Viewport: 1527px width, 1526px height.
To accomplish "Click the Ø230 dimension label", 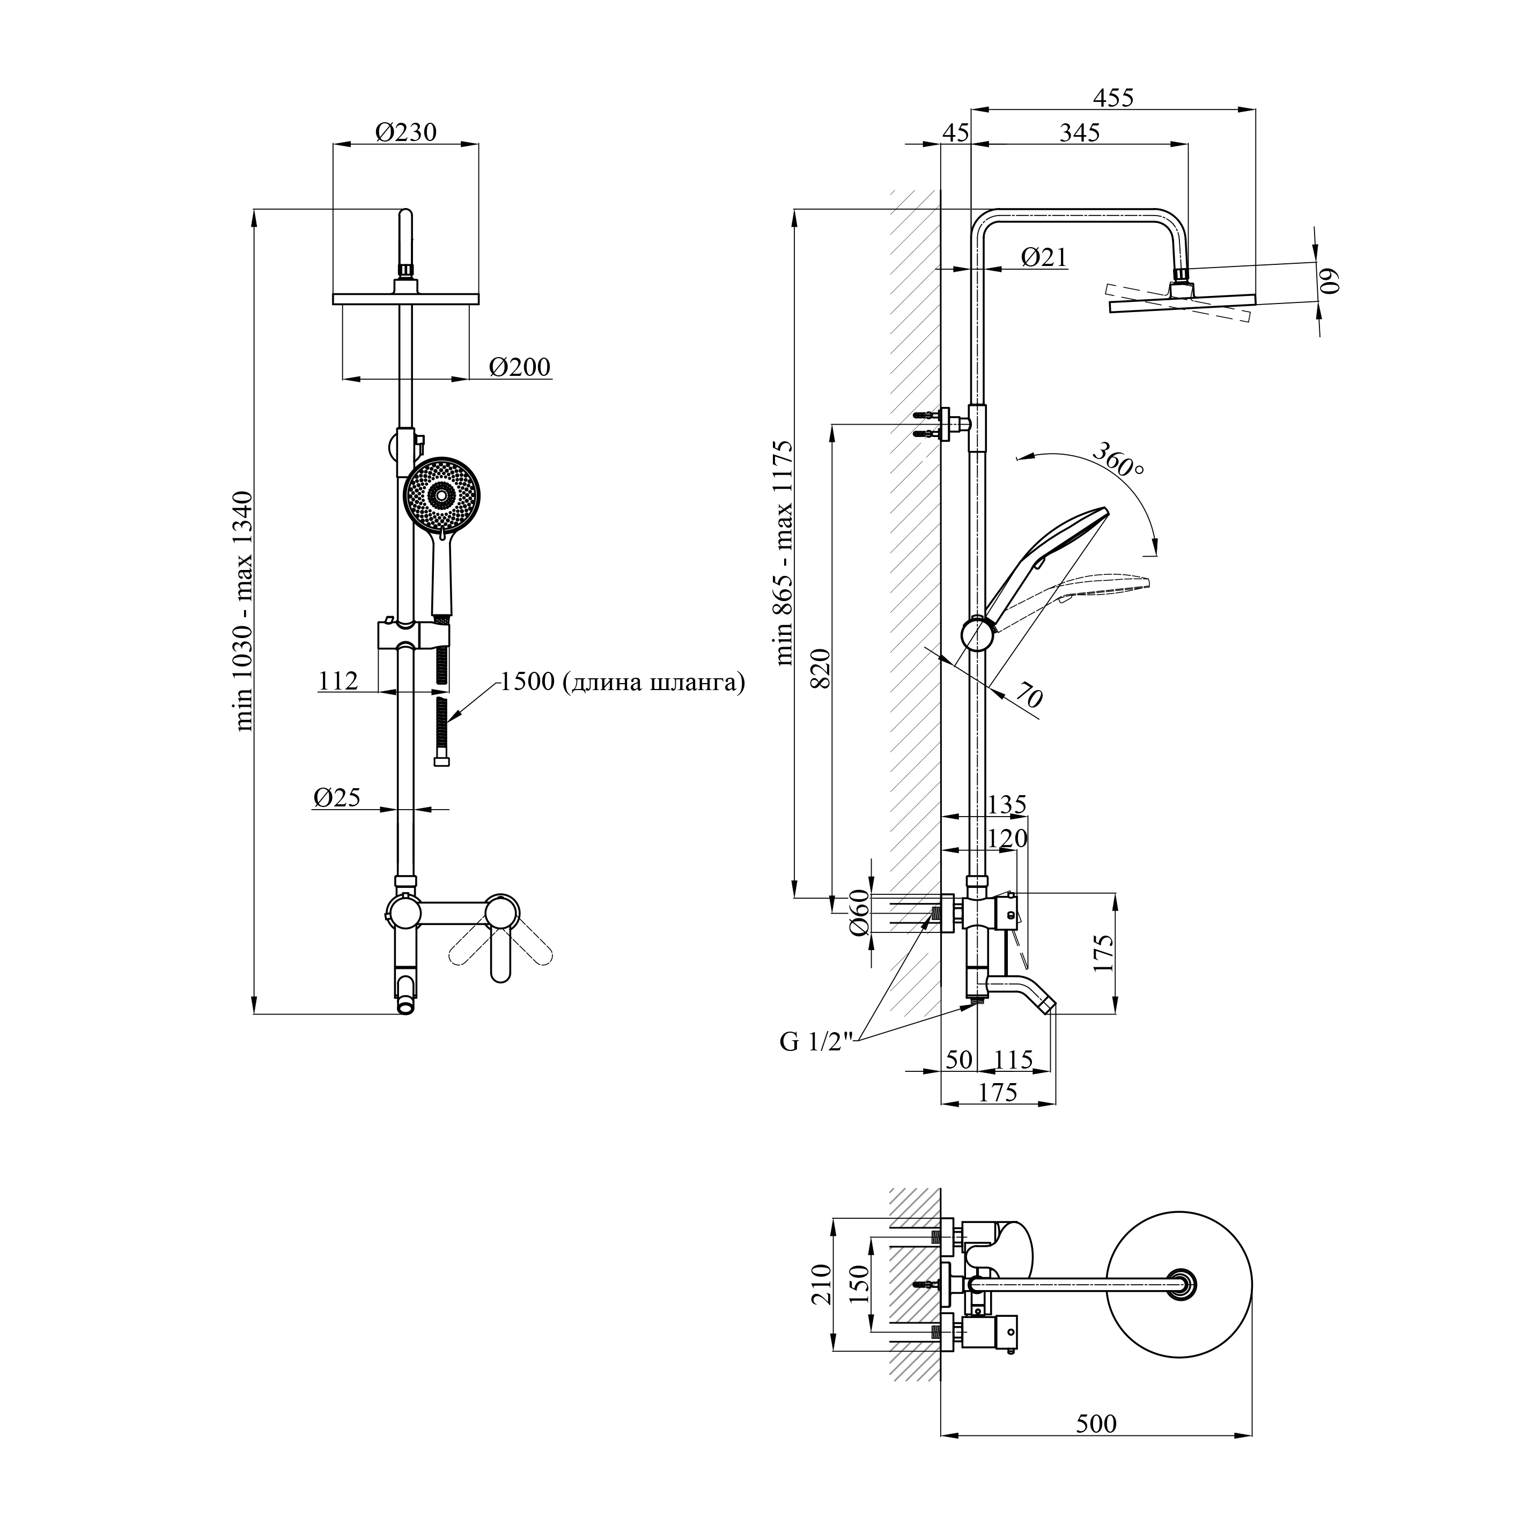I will tap(405, 132).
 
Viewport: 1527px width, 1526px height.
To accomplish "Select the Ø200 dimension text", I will tap(519, 367).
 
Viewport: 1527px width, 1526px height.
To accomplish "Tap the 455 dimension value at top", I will tap(1113, 98).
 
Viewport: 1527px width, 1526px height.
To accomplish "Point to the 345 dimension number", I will tap(1080, 133).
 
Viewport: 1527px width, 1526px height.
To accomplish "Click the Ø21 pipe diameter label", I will tap(1043, 257).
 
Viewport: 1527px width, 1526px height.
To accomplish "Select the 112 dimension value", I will tap(338, 681).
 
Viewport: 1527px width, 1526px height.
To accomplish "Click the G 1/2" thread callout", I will tap(816, 1042).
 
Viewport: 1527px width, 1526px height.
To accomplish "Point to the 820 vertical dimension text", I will tap(822, 668).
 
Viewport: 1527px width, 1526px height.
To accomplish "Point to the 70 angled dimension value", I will tap(1028, 695).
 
